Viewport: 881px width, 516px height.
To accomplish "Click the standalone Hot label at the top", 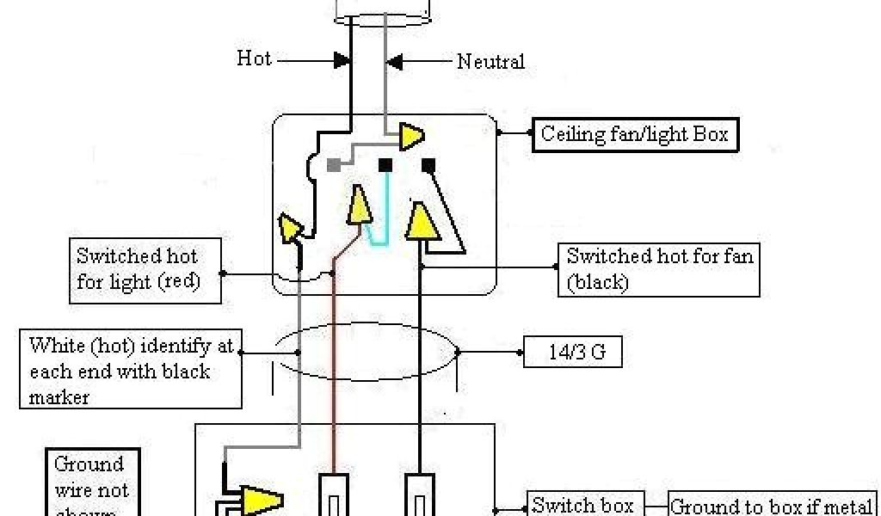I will click(255, 58).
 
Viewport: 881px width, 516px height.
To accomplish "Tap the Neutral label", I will click(490, 61).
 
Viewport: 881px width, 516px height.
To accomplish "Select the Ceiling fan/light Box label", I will click(634, 134).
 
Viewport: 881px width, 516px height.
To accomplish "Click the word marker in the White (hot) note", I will click(60, 397).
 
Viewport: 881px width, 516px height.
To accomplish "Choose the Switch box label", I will click(583, 505).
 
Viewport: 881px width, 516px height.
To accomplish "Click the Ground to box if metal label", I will click(772, 506).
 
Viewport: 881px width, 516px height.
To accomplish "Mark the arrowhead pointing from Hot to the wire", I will click(342, 60).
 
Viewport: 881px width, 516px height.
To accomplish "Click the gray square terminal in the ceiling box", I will click(333, 164).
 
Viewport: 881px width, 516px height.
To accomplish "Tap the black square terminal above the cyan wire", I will click(386, 163).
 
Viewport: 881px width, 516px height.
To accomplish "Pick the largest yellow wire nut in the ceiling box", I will click(422, 223).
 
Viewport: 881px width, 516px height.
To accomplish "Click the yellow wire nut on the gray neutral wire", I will click(411, 136).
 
